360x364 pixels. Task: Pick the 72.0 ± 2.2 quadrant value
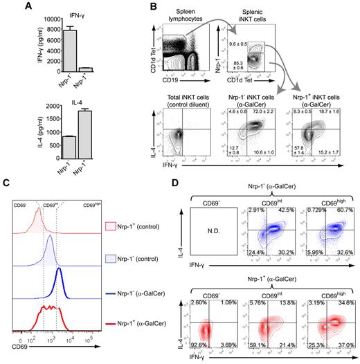262,111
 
